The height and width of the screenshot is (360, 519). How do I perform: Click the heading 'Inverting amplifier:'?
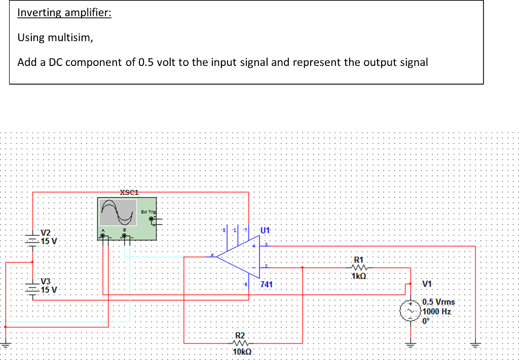[x=64, y=13]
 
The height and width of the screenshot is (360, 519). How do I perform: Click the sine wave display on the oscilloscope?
[x=118, y=212]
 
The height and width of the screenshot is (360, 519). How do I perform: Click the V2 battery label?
[x=46, y=232]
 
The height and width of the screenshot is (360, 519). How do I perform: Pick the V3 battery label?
[x=46, y=281]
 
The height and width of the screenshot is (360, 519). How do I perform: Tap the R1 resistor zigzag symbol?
[x=360, y=267]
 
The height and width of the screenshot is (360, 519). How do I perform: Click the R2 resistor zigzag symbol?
[x=240, y=343]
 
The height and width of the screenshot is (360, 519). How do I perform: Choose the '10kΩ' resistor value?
[x=241, y=352]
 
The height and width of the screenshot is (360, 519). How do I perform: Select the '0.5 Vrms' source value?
[x=438, y=302]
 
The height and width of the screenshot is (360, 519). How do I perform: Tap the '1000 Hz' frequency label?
[x=436, y=311]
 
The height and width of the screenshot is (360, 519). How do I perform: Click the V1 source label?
[x=427, y=283]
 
